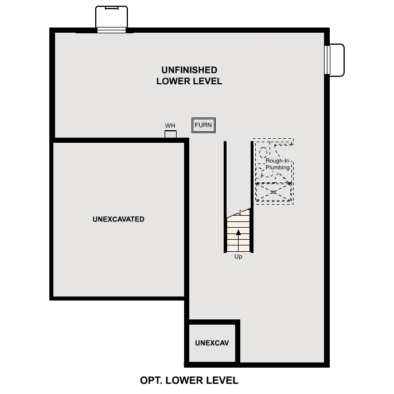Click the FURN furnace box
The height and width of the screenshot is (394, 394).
click(x=204, y=126)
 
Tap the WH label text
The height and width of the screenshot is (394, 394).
click(x=170, y=126)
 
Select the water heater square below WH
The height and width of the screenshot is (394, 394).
click(x=170, y=135)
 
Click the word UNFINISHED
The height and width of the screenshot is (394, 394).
click(x=189, y=70)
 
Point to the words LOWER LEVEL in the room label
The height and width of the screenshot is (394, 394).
click(x=189, y=81)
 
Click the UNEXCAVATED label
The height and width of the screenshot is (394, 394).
click(x=118, y=219)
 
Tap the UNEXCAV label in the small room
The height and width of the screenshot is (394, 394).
click(x=212, y=343)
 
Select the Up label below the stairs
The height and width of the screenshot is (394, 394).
click(x=239, y=257)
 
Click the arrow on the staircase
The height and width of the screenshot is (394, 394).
click(x=238, y=233)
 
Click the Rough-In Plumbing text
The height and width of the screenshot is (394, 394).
click(x=278, y=164)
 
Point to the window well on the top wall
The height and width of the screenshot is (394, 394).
click(x=111, y=18)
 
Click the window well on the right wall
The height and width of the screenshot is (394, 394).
click(x=335, y=60)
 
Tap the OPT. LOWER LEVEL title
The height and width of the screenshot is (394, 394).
click(x=189, y=380)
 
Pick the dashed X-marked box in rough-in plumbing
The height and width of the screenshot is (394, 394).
click(x=274, y=192)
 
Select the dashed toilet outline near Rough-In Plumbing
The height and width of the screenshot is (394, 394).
click(x=263, y=152)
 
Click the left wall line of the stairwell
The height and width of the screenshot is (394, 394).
click(x=225, y=195)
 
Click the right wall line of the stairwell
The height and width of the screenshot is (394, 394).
click(x=252, y=195)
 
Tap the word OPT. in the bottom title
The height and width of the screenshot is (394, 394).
click(x=151, y=380)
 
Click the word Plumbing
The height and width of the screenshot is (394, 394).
click(x=278, y=167)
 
